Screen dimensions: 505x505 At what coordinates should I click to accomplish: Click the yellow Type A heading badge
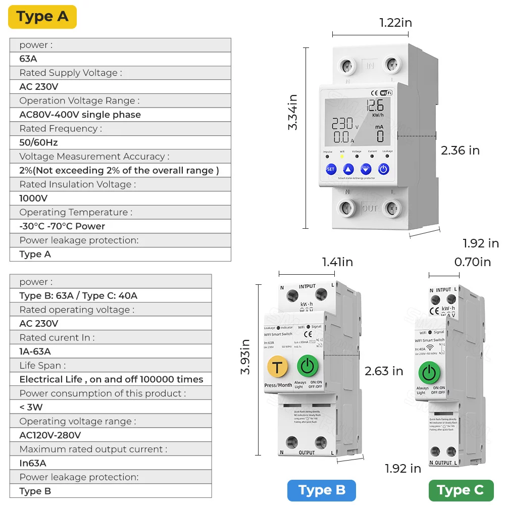[42, 17]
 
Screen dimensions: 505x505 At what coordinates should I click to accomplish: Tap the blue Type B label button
[322, 490]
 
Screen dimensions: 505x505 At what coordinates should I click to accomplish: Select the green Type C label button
[461, 490]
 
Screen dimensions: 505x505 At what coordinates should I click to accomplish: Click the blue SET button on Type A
[331, 169]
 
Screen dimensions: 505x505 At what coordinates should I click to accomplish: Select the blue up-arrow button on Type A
[348, 169]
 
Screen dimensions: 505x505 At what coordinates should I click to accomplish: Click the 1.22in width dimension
[395, 22]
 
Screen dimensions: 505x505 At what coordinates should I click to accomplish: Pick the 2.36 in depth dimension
[460, 150]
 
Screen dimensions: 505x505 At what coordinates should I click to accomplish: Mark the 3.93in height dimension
[245, 357]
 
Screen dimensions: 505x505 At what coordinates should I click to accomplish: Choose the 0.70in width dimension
[472, 262]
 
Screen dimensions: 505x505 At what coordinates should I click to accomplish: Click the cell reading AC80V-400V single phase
[80, 115]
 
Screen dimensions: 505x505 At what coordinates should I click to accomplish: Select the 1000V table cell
[33, 198]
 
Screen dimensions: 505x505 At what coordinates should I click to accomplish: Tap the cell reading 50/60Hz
[38, 142]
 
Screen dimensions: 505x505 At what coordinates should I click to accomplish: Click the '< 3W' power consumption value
[31, 407]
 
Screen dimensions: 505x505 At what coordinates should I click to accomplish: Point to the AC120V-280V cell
[50, 435]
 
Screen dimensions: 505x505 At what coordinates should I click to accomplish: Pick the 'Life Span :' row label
[42, 365]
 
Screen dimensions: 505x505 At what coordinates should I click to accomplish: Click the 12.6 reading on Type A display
[375, 106]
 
